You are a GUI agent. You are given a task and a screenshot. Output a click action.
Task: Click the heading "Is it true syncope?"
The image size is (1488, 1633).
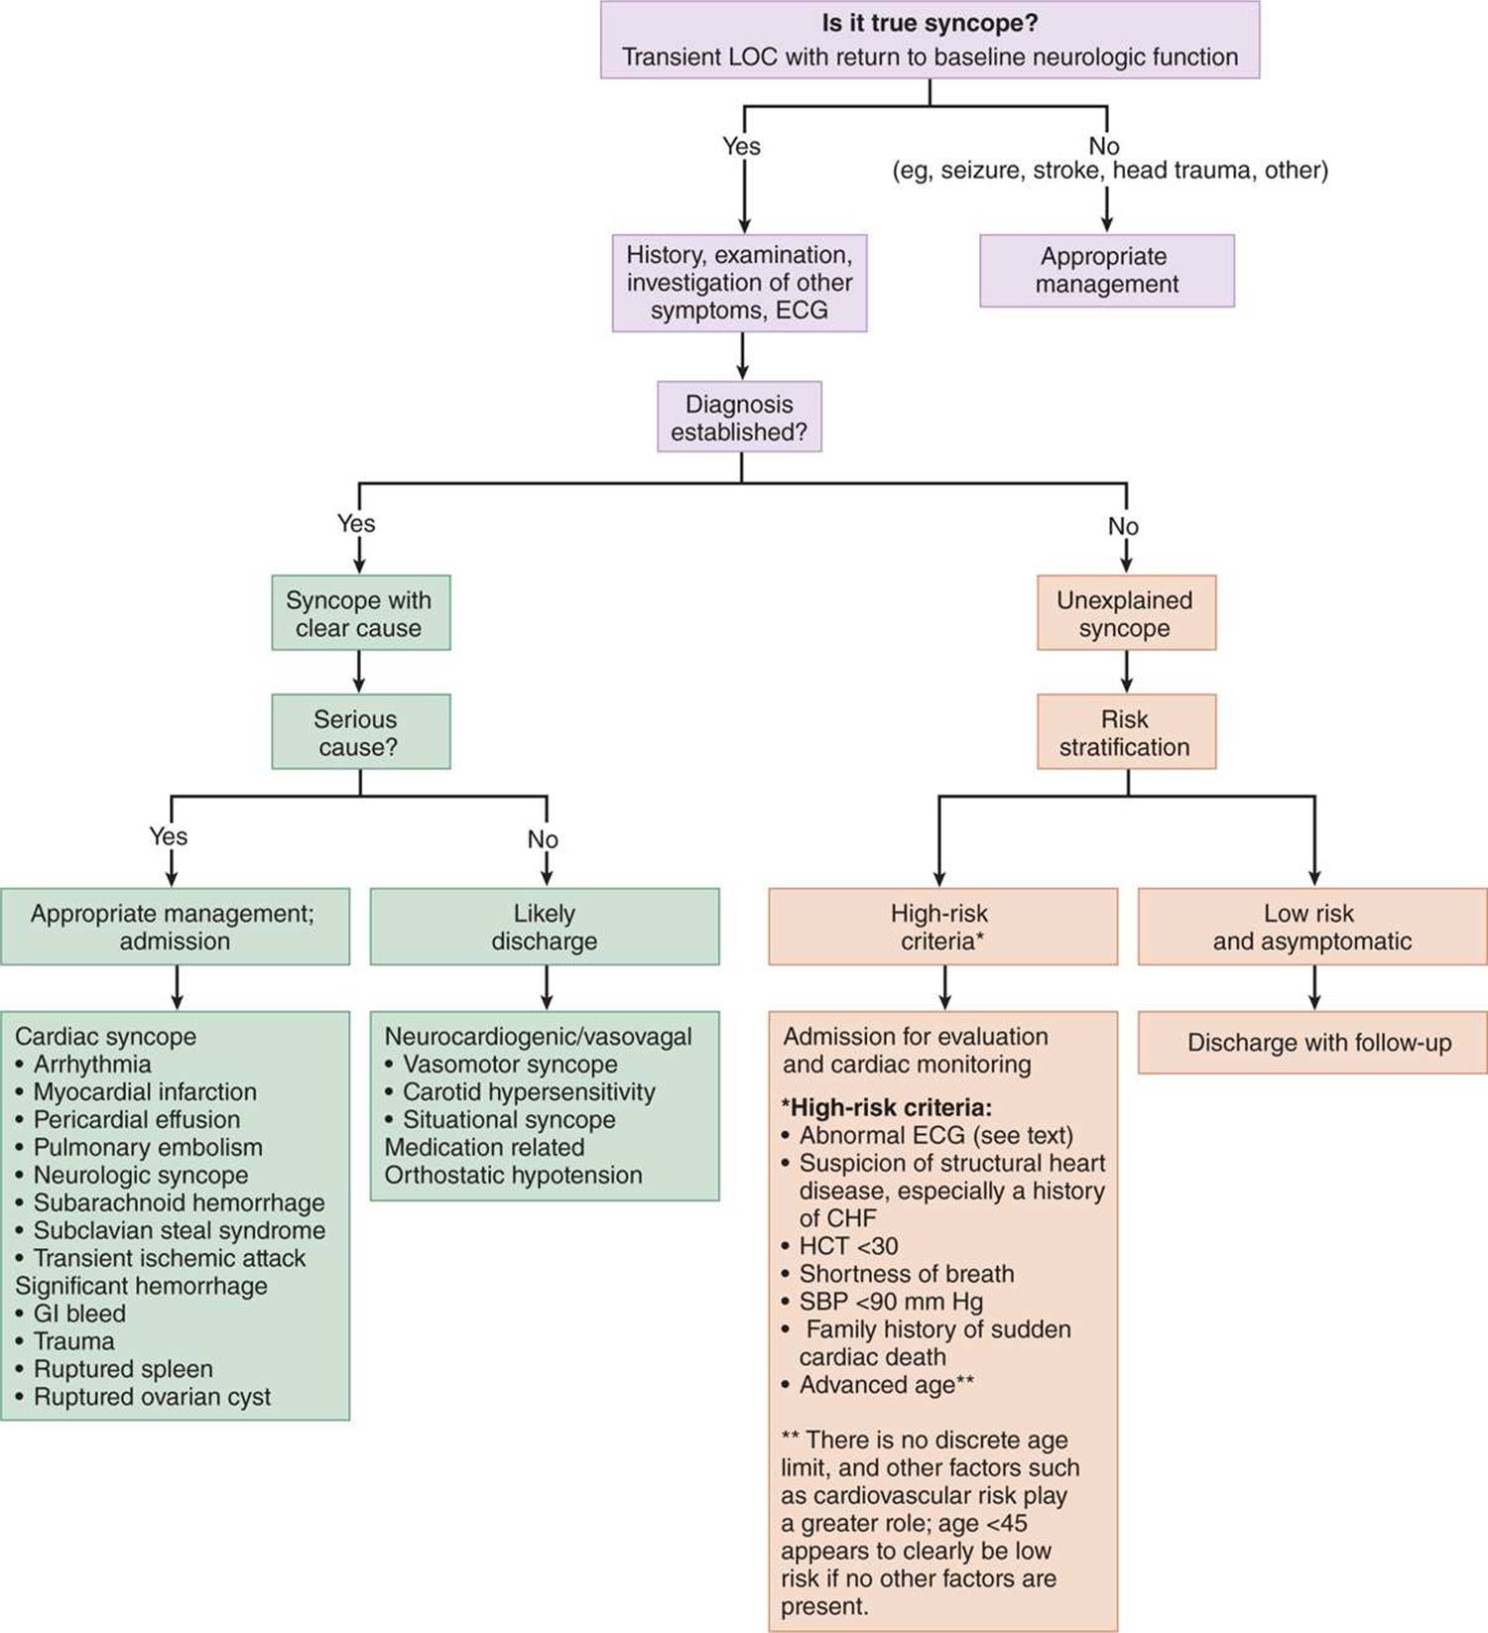pyautogui.click(x=930, y=23)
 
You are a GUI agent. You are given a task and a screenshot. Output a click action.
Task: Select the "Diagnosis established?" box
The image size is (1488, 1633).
pyautogui.click(x=739, y=417)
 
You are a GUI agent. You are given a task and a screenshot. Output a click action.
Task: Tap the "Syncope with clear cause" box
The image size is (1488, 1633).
pyautogui.click(x=361, y=613)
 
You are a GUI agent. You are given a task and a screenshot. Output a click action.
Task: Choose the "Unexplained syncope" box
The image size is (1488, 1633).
pyautogui.click(x=1126, y=613)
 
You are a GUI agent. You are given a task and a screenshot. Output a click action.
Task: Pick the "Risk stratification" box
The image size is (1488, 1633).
pyautogui.click(x=1126, y=732)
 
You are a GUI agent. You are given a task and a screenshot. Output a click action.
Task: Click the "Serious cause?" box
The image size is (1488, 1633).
pyautogui.click(x=361, y=732)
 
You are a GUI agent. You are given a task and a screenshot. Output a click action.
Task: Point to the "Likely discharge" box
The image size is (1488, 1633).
pyautogui.click(x=545, y=927)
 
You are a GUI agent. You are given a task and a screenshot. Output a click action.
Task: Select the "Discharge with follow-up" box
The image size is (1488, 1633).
pyautogui.click(x=1312, y=1043)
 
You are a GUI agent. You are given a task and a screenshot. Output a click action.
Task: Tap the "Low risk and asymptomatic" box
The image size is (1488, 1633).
pyautogui.click(x=1312, y=927)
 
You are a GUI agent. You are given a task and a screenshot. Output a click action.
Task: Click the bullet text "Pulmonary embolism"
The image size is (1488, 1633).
pyautogui.click(x=148, y=1147)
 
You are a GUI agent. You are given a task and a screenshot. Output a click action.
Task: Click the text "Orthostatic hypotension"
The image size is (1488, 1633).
pyautogui.click(x=513, y=1175)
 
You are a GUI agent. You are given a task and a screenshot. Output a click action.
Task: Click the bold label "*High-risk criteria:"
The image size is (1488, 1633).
pyautogui.click(x=887, y=1107)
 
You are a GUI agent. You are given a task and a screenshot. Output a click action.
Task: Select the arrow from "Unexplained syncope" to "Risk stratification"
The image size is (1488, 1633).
pyautogui.click(x=1126, y=672)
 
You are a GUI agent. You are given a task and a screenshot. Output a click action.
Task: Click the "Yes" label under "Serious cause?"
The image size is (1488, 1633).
pyautogui.click(x=169, y=836)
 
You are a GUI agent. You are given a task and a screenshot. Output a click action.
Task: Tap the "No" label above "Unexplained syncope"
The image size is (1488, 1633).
pyautogui.click(x=1123, y=526)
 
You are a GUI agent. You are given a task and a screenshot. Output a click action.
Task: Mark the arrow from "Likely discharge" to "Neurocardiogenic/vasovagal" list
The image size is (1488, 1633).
pyautogui.click(x=547, y=988)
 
